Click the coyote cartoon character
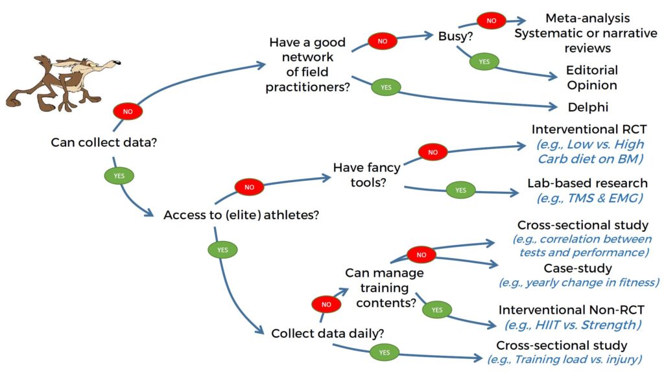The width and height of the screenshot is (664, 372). (64, 83)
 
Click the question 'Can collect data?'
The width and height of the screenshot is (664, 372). (104, 143)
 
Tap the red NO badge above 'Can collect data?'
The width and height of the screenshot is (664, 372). (128, 111)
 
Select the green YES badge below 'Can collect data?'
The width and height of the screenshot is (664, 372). (119, 176)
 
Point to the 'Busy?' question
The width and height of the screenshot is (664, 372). (455, 36)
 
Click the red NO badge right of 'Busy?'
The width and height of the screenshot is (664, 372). (492, 20)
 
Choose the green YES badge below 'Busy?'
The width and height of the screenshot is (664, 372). (484, 62)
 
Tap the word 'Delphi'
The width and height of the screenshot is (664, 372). (587, 107)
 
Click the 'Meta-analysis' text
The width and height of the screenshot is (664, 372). (587, 18)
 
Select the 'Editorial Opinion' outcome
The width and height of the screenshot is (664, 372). (592, 78)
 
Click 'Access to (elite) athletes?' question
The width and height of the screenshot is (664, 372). (241, 215)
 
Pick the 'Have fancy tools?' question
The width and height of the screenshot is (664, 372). (367, 175)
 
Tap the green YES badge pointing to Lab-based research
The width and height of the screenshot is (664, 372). (461, 191)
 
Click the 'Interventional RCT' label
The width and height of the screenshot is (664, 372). (589, 129)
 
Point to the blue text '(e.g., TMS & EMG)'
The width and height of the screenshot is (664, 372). (590, 198)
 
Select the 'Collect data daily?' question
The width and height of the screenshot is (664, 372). (327, 334)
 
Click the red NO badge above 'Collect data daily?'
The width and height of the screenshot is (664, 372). (326, 305)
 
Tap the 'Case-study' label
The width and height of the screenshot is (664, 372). (578, 268)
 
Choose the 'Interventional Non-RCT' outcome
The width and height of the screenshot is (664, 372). (571, 310)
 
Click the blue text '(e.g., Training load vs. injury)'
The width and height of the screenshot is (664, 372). (565, 359)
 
